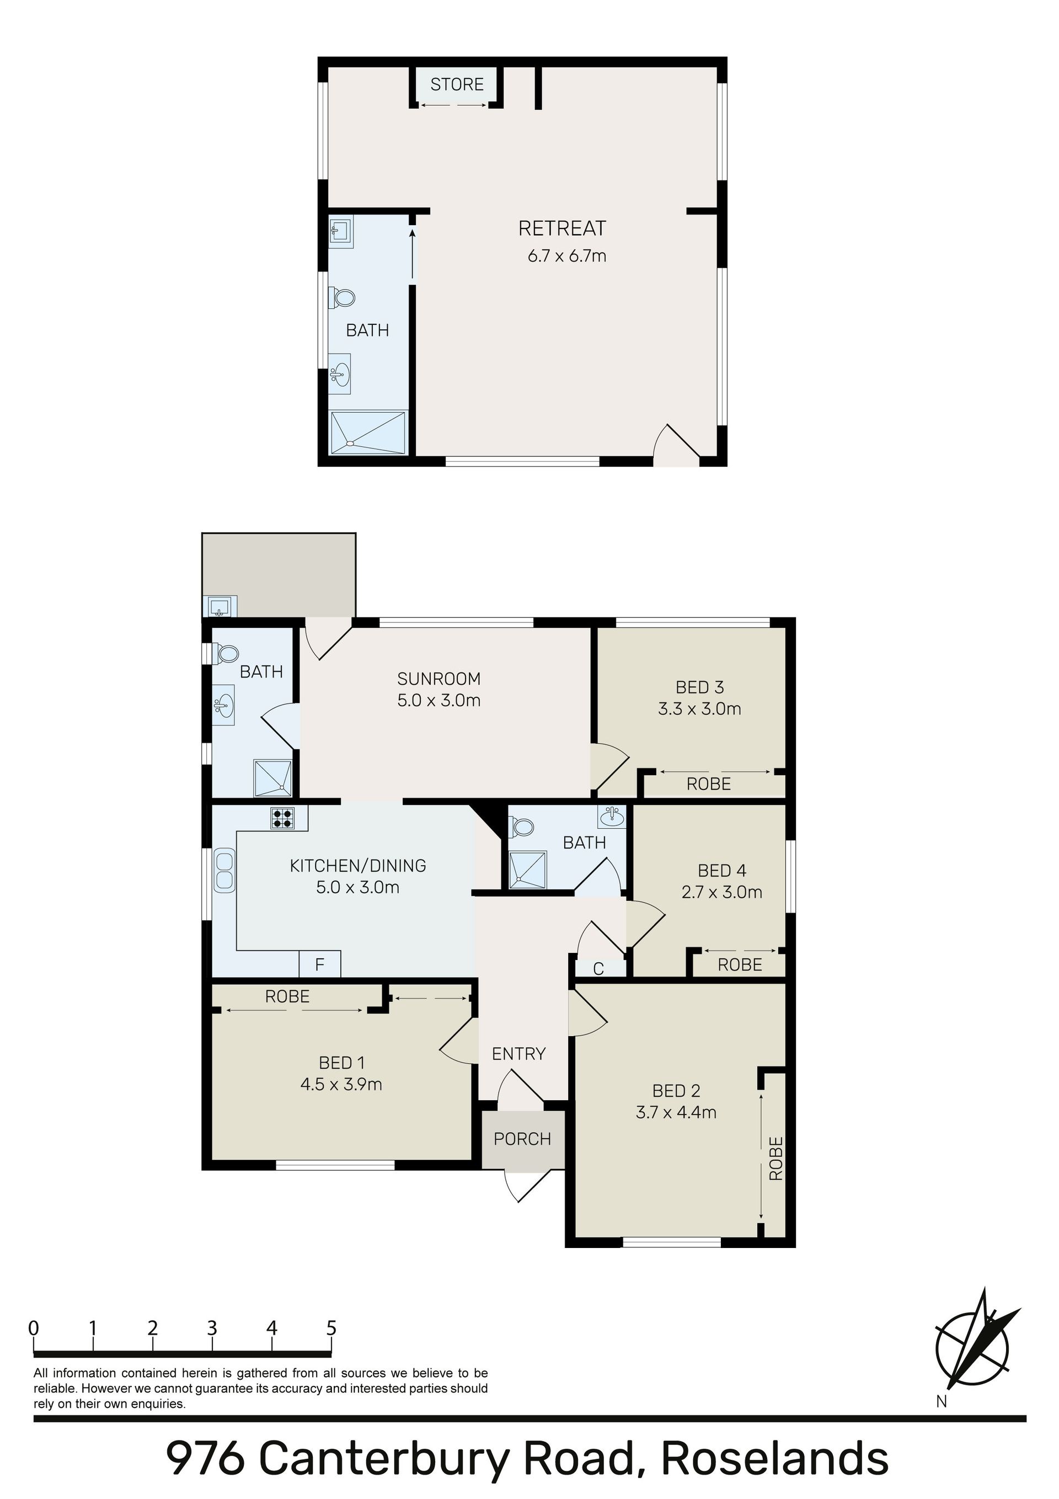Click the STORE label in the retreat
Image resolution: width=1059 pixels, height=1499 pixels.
[457, 84]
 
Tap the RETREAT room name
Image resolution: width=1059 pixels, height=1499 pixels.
[562, 228]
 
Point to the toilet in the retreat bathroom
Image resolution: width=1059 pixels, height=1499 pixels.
[341, 298]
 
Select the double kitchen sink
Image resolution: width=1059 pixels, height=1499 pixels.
[224, 869]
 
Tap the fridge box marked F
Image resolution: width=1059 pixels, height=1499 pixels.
[320, 964]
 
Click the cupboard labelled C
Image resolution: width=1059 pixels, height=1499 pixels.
[598, 969]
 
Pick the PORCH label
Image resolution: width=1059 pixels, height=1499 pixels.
[522, 1139]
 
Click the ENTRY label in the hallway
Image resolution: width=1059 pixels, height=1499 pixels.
[518, 1053]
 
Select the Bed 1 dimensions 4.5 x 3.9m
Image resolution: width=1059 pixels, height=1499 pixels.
[341, 1084]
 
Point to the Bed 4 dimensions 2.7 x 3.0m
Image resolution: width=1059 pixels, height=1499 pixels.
[721, 892]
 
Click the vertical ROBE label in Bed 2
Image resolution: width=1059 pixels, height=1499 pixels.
[775, 1158]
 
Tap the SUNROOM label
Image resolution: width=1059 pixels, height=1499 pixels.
[438, 679]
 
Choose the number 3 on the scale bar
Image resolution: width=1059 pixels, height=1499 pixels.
[212, 1328]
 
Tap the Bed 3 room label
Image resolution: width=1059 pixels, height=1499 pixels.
[700, 687]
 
